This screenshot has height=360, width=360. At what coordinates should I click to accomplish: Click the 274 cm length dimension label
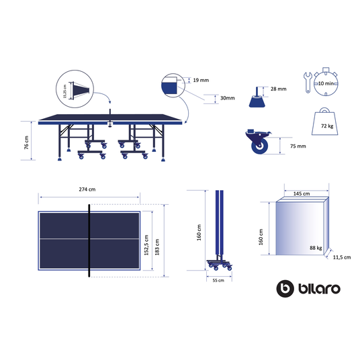pos(87,189)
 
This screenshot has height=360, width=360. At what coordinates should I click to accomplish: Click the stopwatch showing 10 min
pos(328,84)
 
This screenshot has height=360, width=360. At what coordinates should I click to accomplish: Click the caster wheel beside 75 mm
pos(257,143)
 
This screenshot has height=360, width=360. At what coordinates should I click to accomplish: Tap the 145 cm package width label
pos(302,193)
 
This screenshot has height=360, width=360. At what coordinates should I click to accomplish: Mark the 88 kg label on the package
pos(314,249)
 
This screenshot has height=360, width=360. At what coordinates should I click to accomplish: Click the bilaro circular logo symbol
pos(285,288)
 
